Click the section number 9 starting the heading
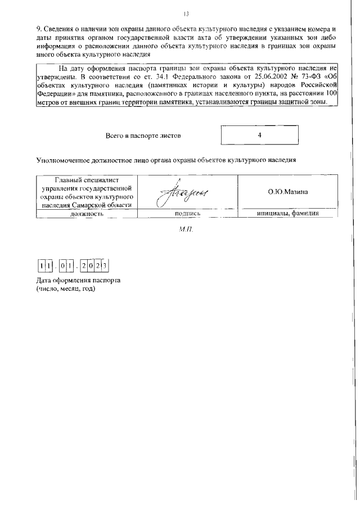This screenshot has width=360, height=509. [x=38, y=29]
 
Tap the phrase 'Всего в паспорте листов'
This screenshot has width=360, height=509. [x=143, y=136]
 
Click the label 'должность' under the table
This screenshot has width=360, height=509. [x=86, y=214]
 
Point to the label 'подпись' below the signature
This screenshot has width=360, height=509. [x=188, y=214]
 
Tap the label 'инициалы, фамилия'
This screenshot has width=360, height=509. [x=287, y=214]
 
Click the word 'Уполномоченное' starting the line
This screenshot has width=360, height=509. [x=65, y=160]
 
